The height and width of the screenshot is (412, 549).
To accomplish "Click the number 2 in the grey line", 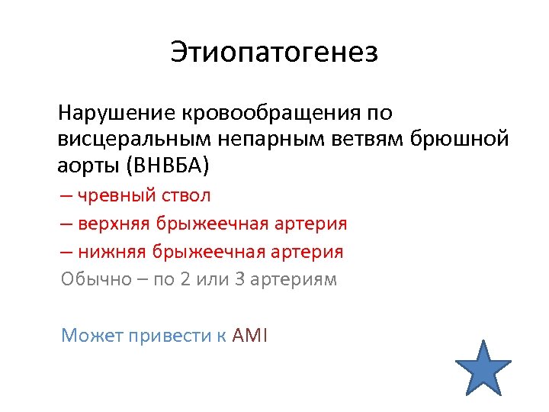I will point(185,279).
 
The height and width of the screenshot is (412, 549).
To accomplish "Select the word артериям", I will point(295,279).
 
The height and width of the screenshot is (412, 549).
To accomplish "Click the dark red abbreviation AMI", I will point(249,335).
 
